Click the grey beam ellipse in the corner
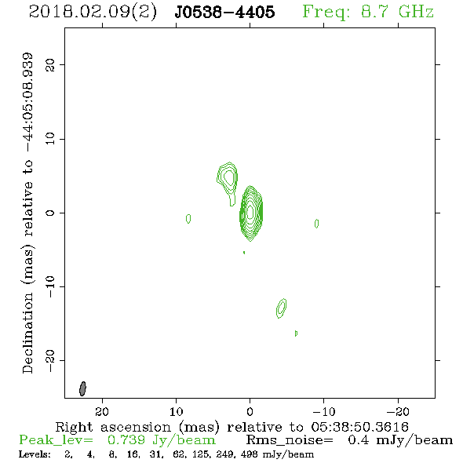[x=82, y=388]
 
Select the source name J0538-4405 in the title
[x=224, y=12]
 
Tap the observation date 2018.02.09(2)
[x=93, y=13]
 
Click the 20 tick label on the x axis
[x=102, y=411]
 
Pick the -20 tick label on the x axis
[x=398, y=411]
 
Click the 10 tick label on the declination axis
[x=50, y=138]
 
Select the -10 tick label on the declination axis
[x=50, y=286]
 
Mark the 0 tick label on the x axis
[x=250, y=411]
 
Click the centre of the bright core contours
[x=250, y=212]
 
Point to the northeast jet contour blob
[x=228, y=180]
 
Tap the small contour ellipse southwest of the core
[x=282, y=308]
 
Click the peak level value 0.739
[x=126, y=440]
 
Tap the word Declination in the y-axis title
[x=27, y=333]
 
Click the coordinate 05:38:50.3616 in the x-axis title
[x=359, y=427]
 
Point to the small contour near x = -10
[x=316, y=224]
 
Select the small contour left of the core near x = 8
[x=188, y=218]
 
